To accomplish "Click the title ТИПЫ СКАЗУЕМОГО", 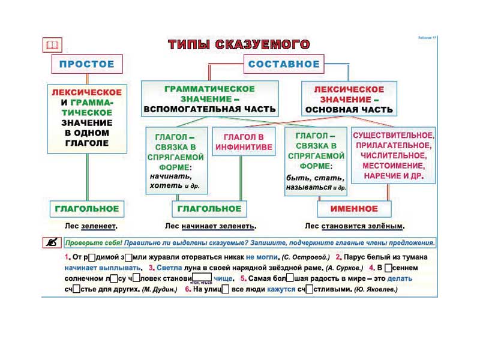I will (x=239, y=45).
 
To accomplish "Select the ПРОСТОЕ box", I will (x=86, y=64).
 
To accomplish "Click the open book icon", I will (x=52, y=45).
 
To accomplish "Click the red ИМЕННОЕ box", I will (x=354, y=209).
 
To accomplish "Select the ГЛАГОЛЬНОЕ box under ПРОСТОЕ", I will (x=87, y=209).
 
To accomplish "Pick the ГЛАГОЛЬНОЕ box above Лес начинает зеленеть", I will (x=209, y=209).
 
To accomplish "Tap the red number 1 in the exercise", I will (x=68, y=257).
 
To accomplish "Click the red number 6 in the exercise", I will (x=188, y=289).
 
